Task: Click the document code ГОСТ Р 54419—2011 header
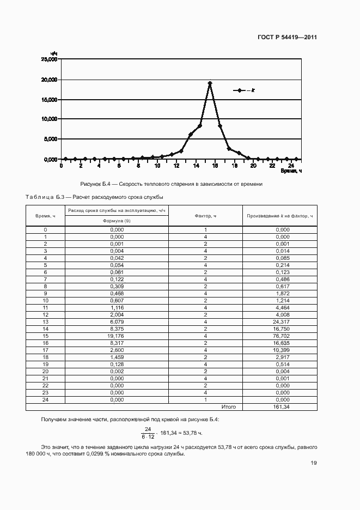(288, 38)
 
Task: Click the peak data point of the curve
(210, 83)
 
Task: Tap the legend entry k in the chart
(245, 90)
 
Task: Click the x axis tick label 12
(176, 165)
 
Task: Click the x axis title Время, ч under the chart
(291, 171)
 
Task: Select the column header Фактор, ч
(205, 216)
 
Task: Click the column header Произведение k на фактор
(279, 216)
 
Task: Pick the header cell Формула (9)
(117, 221)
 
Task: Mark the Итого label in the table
(228, 407)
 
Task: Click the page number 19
(314, 463)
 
